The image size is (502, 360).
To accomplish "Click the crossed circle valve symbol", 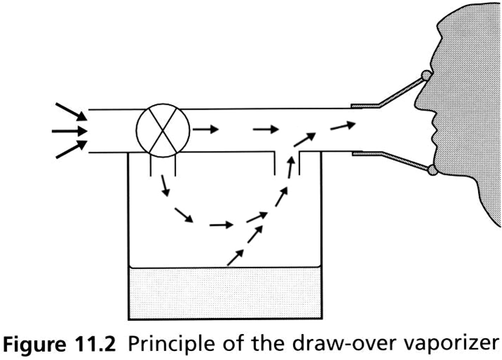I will click(162, 131).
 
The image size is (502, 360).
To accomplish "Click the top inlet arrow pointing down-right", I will click(72, 111).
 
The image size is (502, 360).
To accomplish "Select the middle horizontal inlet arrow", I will click(70, 131).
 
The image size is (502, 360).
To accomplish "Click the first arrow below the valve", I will click(164, 185).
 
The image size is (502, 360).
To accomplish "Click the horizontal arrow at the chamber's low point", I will click(220, 226).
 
